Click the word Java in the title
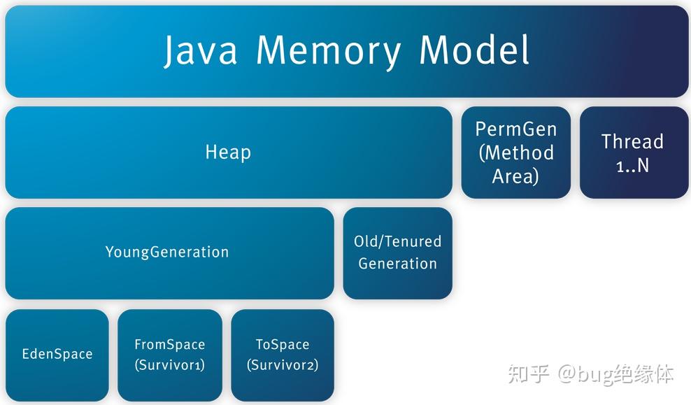tap(201, 50)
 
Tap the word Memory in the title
tap(329, 50)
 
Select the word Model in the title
tap(473, 50)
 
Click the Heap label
tap(228, 152)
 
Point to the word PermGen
tap(516, 129)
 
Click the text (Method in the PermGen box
tap(516, 152)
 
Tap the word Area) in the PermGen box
tap(516, 176)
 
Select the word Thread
tap(632, 142)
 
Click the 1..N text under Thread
tap(632, 166)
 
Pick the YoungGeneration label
tap(167, 252)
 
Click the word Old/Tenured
tap(397, 241)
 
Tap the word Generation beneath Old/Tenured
tap(397, 264)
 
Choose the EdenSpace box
tap(57, 354)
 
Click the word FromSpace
tap(170, 345)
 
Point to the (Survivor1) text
tap(170, 365)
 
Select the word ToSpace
tap(283, 345)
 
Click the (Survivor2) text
tap(283, 365)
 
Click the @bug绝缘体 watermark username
tap(615, 374)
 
